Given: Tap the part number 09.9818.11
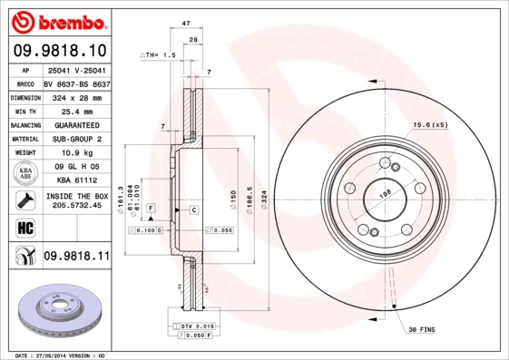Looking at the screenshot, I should (76, 257).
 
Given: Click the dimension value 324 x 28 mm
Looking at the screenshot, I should (75, 96).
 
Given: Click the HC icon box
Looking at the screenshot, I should (24, 227).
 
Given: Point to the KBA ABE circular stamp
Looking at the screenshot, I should (25, 174).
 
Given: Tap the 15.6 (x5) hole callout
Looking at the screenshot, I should (431, 124).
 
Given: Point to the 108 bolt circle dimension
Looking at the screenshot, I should (384, 193).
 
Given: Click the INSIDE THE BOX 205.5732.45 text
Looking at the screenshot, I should (75, 200).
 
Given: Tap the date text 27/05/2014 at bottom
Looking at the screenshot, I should (64, 355).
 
